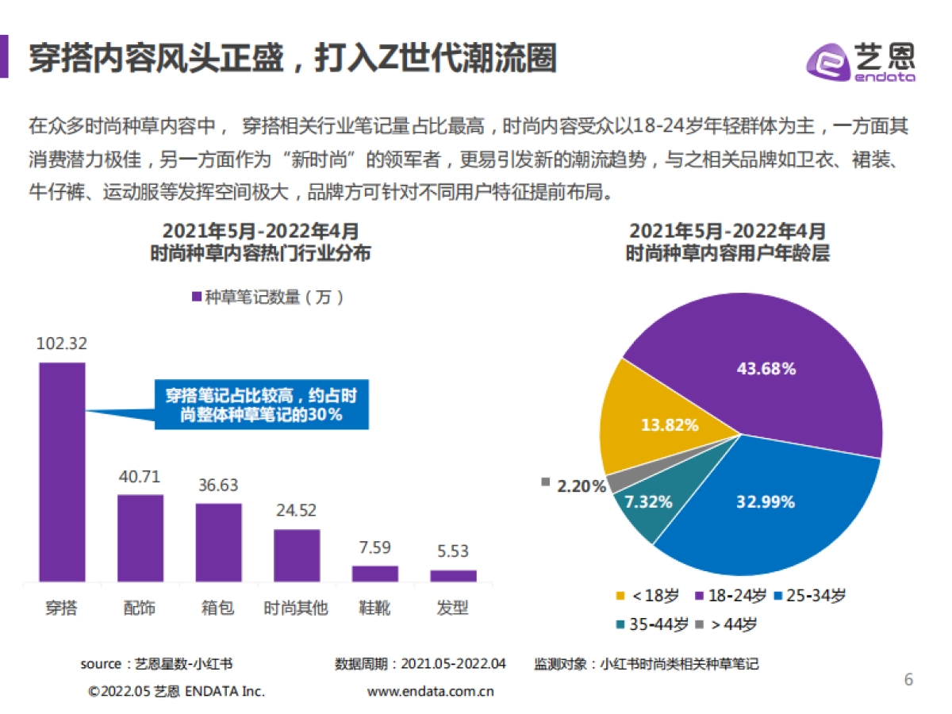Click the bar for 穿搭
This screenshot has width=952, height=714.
click(x=62, y=472)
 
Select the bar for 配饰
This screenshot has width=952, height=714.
click(x=140, y=538)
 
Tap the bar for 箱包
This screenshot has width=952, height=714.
click(x=218, y=542)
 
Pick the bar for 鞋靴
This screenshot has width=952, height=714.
click(x=374, y=573)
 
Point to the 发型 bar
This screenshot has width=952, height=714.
click(x=453, y=575)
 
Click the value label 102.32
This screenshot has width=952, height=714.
click(x=62, y=344)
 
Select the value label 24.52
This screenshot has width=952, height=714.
click(x=297, y=510)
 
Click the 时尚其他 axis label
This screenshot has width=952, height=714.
click(x=296, y=608)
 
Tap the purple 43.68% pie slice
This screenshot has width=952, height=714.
click(x=762, y=357)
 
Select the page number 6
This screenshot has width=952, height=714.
click(x=908, y=680)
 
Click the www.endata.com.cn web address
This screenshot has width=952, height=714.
click(x=431, y=691)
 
